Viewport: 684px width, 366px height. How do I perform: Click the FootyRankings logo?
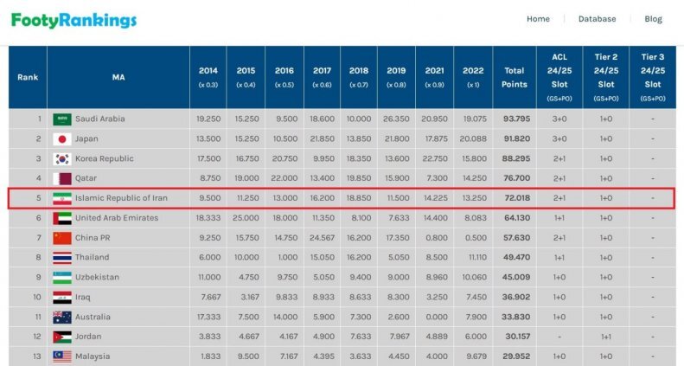pos(74,19)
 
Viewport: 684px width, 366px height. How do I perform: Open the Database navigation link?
pos(597,19)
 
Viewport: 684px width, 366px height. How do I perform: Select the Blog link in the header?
pos(653,19)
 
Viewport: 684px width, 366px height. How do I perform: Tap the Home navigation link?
pos(538,19)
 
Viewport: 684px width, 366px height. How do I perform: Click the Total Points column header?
pos(514,77)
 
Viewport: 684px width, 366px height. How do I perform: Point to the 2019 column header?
pos(396,77)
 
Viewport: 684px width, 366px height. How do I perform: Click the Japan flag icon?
pos(61,139)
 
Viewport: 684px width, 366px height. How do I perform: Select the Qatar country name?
pos(86,178)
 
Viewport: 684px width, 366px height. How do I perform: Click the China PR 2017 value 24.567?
pos(321,238)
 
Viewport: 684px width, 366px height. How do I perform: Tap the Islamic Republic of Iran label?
pos(121,198)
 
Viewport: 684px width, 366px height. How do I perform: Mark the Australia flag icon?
pos(61,317)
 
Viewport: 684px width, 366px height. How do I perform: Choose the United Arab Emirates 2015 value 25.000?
pos(246,218)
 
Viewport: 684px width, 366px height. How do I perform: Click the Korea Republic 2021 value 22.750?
pos(435,159)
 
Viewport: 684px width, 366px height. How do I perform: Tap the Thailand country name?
pos(93,258)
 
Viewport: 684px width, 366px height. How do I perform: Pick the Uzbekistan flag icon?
pos(61,277)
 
